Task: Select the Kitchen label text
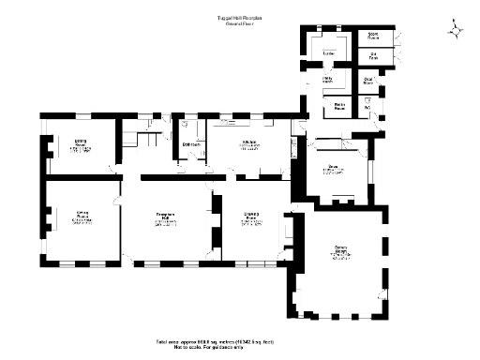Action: [248, 142]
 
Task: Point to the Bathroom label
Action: [192, 143]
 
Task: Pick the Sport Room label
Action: [373, 36]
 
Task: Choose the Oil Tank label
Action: [373, 56]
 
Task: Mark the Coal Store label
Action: [369, 81]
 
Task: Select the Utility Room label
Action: [329, 81]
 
